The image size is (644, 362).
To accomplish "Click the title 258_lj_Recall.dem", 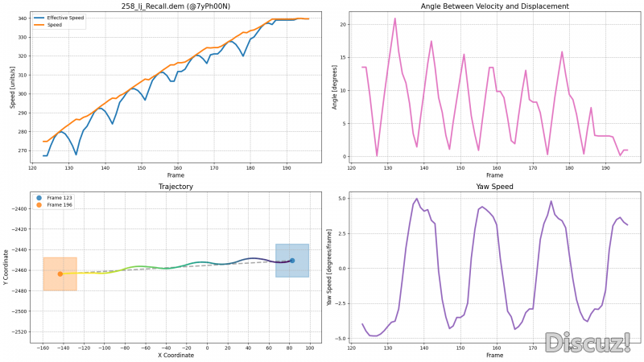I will [x=174, y=6].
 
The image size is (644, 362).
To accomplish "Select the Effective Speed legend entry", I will [x=64, y=18].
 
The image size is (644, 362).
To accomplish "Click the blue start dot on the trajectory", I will [x=292, y=261].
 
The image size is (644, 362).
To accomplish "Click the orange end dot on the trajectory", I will [x=60, y=274].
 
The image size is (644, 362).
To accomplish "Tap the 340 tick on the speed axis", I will [x=22, y=18].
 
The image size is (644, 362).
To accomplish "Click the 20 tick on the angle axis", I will [x=342, y=24].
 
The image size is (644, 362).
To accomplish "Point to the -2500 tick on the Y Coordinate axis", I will [x=17, y=311].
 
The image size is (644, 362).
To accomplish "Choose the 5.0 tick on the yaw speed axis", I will [x=341, y=198].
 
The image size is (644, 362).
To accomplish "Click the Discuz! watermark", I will [x=588, y=343].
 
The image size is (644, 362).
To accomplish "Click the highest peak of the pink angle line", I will [x=395, y=18].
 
